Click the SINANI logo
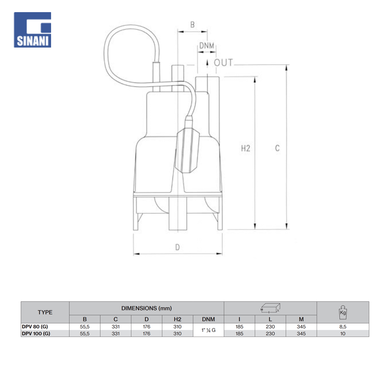pos(32,30)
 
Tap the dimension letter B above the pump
pos(192,25)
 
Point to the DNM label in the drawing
pos(207,46)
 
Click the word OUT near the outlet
pos(223,63)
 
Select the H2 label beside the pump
pos(245,149)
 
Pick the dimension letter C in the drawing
pos(277,148)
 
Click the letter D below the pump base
pos(177,247)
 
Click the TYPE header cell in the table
pos(45,312)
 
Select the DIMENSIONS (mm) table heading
pos(147,308)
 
